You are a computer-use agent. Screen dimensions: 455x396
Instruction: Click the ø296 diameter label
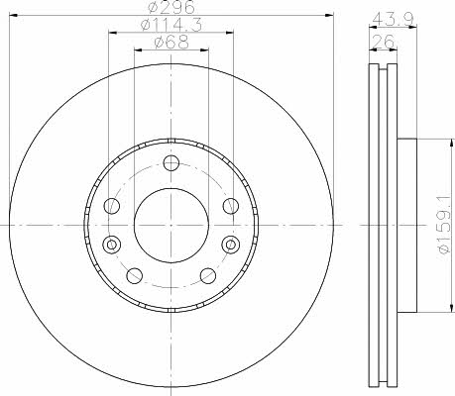(171, 7)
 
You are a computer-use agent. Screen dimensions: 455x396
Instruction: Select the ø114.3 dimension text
(171, 25)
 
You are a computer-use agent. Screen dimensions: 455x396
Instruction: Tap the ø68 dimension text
(171, 43)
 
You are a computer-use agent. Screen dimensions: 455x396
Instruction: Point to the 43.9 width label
(393, 20)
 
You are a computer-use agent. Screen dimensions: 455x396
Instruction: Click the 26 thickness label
(384, 42)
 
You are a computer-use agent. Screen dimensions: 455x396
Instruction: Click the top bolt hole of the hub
(171, 163)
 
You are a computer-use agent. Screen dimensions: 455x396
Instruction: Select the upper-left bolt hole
(112, 206)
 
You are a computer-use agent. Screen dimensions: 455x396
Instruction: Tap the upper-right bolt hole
(231, 206)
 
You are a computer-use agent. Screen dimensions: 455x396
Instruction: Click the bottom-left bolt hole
(135, 276)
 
